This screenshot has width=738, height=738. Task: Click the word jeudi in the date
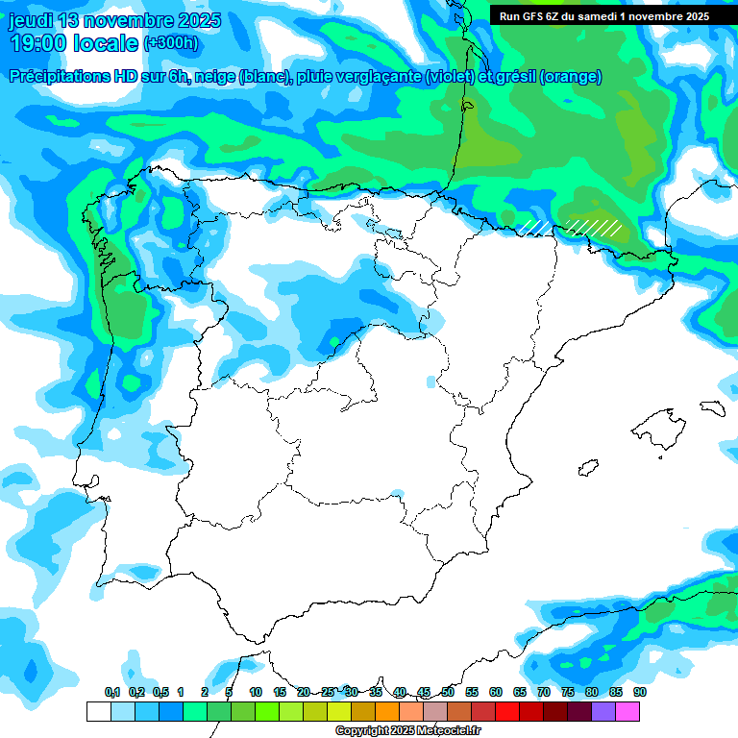pos(31,20)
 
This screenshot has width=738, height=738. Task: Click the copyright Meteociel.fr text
pos(407,731)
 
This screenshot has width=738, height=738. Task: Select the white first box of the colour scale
pos(98,711)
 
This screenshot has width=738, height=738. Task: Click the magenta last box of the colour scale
pos(627,711)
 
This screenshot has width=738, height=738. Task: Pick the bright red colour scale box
pos(507,711)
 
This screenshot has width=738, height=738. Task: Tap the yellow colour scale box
pos(338,711)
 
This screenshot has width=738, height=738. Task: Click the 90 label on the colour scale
pos(640,692)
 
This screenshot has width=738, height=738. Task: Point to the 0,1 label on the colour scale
pos(112,692)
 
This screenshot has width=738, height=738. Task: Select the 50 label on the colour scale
pos(448,692)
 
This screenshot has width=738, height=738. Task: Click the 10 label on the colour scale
pos(256,692)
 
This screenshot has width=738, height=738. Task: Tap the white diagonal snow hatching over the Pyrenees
pos(592,227)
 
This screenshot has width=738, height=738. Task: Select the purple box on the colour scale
pos(603,711)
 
